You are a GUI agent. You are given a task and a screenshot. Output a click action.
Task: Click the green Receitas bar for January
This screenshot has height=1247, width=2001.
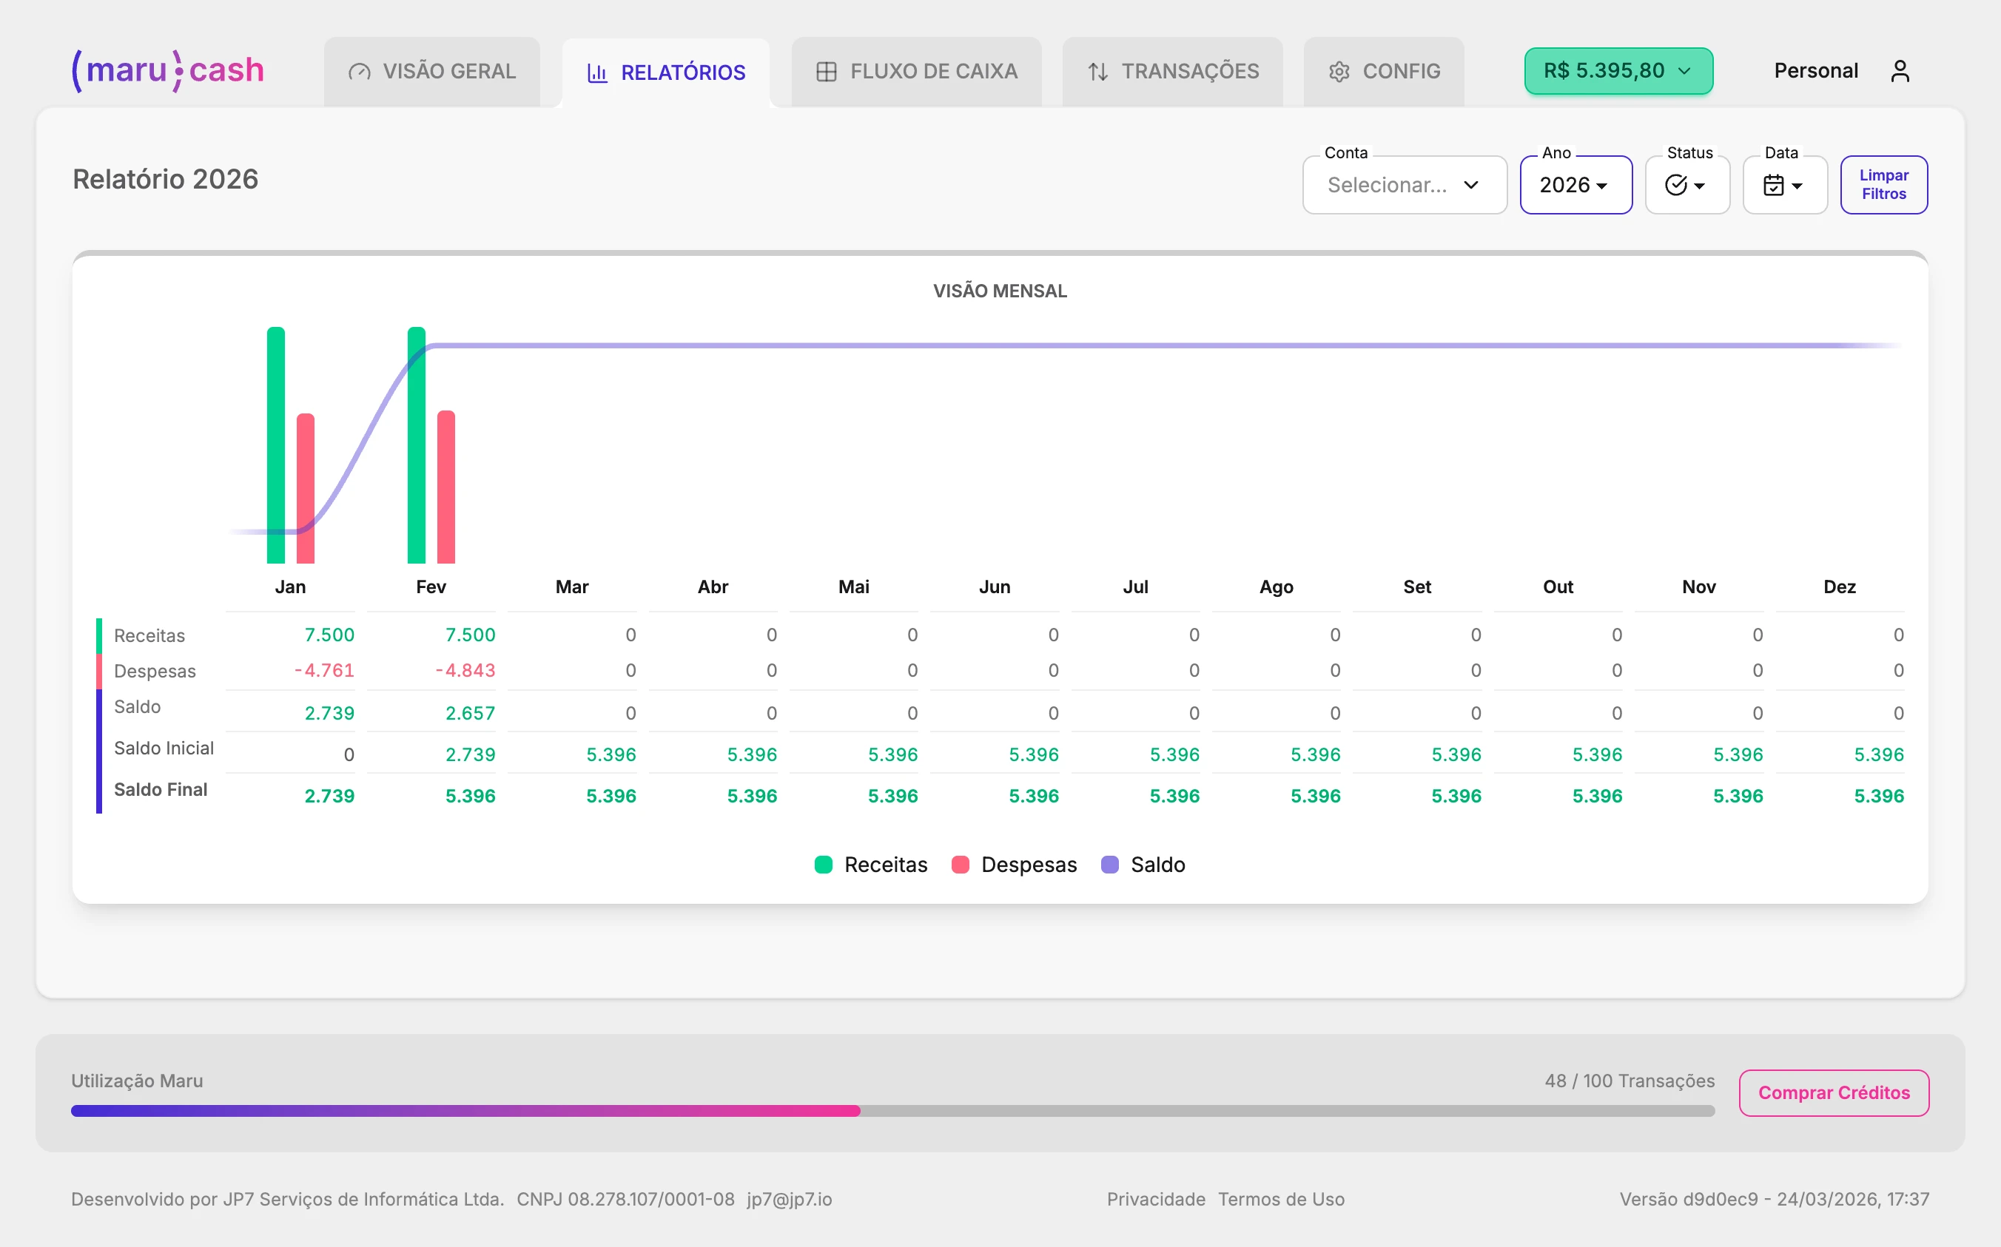[275, 445]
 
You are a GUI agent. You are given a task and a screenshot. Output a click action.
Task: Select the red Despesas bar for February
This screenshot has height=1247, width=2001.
[445, 487]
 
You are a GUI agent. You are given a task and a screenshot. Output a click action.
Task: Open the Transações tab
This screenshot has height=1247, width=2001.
[1172, 72]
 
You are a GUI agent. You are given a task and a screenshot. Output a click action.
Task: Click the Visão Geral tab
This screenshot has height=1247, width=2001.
[432, 72]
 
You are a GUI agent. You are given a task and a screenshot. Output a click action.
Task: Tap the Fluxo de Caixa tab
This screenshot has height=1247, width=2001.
[917, 72]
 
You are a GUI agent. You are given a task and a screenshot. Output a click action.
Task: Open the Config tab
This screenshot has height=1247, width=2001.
[1384, 72]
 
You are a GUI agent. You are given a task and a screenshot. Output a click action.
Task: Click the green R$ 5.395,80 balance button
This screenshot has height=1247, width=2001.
[1618, 71]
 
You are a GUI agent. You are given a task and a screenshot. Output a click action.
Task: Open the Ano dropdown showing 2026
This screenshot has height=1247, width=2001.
[1575, 185]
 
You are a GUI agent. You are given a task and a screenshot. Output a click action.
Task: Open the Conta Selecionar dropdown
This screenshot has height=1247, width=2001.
[1405, 185]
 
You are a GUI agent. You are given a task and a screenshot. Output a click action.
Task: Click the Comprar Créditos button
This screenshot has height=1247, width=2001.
[1834, 1092]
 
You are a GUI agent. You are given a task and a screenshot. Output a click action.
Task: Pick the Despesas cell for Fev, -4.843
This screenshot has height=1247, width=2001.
[466, 671]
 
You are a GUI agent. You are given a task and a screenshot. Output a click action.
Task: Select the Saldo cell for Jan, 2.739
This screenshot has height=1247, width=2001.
[329, 714]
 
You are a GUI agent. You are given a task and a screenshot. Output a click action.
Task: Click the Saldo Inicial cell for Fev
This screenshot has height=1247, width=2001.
[471, 754]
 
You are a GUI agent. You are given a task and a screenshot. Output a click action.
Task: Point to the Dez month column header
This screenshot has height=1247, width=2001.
[1839, 587]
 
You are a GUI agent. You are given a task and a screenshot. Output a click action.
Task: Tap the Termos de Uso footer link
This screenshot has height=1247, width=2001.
[1281, 1199]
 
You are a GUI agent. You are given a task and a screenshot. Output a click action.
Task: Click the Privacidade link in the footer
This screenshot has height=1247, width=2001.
[1155, 1199]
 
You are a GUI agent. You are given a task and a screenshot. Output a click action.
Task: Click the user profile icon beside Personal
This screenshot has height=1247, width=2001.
[1900, 72]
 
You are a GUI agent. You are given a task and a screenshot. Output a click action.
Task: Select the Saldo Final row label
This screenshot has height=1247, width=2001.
[161, 790]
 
